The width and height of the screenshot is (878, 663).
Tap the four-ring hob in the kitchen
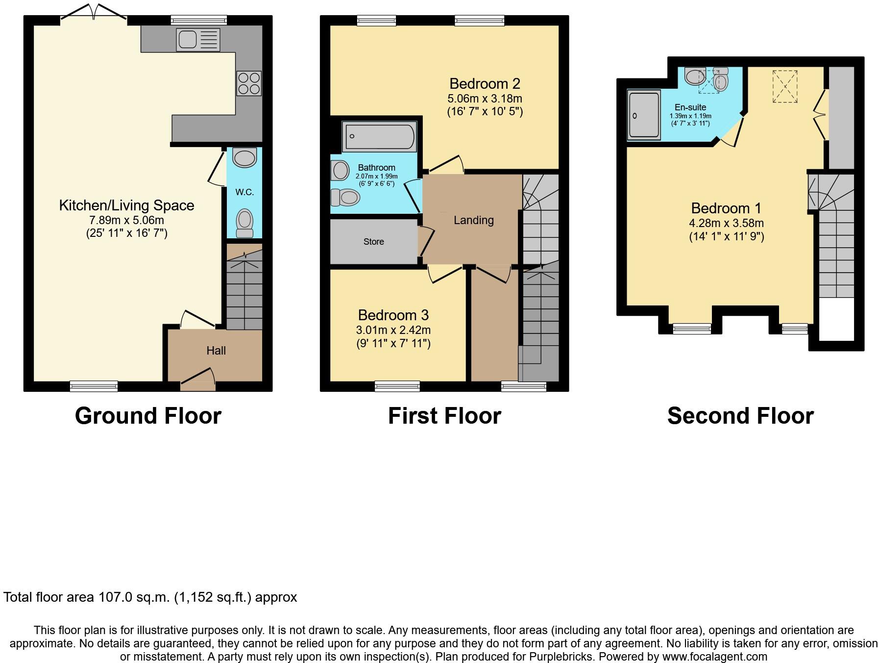click(x=249, y=83)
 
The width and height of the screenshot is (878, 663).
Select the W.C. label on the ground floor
click(x=244, y=192)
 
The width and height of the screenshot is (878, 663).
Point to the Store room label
click(x=373, y=242)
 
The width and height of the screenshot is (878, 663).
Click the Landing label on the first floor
click(x=473, y=220)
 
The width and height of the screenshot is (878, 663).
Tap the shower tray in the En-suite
click(x=644, y=115)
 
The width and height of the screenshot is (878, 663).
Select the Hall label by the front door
click(x=216, y=351)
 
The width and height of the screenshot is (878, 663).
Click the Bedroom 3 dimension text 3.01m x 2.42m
click(x=393, y=330)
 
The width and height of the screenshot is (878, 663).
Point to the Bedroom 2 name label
click(x=485, y=83)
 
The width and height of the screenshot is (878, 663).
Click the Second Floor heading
click(x=740, y=416)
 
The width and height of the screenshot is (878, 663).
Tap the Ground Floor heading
click(x=148, y=416)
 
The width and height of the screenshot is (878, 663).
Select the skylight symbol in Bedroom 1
click(x=785, y=87)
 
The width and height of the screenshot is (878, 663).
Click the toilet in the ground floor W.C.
click(x=244, y=223)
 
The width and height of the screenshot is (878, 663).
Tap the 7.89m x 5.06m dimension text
click(x=126, y=220)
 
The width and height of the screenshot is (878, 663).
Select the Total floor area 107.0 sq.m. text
click(x=150, y=597)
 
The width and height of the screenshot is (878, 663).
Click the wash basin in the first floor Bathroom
click(x=340, y=171)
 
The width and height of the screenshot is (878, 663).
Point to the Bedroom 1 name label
click(x=726, y=208)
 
